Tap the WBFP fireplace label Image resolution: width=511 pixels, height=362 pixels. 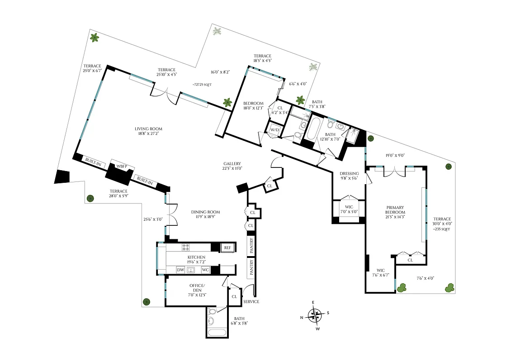(x=122, y=166)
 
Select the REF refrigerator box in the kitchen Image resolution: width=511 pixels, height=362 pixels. (x=227, y=248)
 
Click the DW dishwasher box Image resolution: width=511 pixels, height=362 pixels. (x=180, y=270)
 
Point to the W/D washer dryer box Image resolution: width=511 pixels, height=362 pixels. (x=274, y=130)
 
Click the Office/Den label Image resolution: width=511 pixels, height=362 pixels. (x=197, y=288)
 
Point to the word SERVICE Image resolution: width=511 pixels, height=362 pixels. (x=251, y=302)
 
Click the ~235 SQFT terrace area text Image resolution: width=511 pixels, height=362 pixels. (x=441, y=229)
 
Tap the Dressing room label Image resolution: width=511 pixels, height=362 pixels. (x=349, y=176)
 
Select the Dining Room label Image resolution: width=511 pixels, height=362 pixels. (x=206, y=214)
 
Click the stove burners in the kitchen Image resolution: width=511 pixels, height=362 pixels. (x=185, y=247)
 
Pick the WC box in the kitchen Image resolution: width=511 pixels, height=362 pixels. (x=205, y=270)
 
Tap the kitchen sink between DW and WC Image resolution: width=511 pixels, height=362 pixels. (x=191, y=270)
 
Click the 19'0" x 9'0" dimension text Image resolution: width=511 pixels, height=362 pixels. (x=395, y=155)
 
